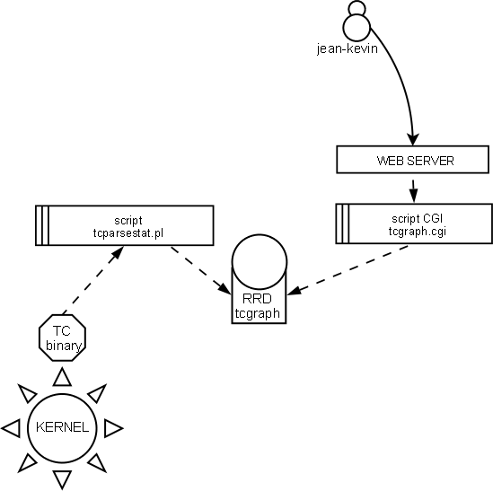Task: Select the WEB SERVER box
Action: coord(412,161)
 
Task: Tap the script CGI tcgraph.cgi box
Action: coord(412,224)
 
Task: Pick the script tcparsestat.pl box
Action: coord(124,224)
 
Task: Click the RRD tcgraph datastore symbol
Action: coord(258,284)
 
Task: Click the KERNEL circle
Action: coord(61,426)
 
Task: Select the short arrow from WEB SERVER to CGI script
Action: coord(412,189)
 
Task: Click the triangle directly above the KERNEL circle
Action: coord(62,375)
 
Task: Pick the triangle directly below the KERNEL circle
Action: coord(62,478)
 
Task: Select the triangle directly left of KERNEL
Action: coord(12,427)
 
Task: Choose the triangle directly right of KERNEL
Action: coord(112,428)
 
